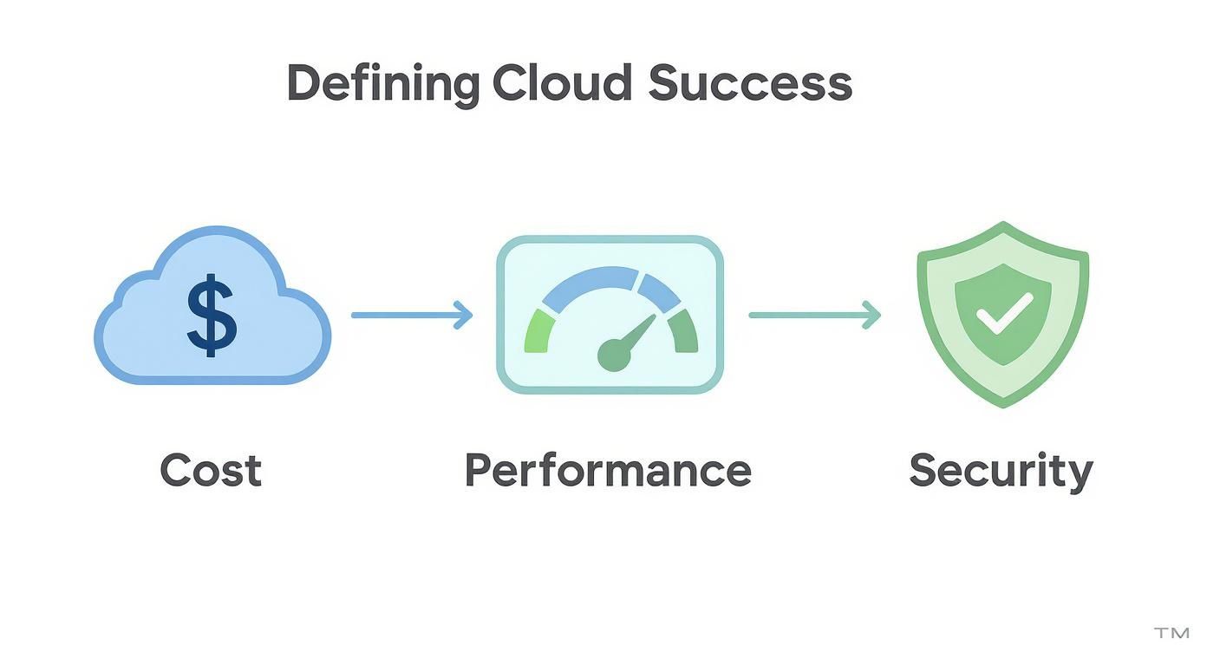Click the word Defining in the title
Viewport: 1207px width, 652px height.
point(382,85)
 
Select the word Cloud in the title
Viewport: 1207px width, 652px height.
point(562,83)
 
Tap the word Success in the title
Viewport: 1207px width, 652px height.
point(750,83)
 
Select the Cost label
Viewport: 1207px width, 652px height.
point(211,470)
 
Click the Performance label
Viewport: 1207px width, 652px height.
point(608,470)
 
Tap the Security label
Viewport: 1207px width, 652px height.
point(1001,472)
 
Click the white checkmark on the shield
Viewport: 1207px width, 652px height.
point(1003,314)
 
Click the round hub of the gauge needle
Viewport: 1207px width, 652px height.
point(613,355)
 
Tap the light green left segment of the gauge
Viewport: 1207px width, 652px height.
point(537,333)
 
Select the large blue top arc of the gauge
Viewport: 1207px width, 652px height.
point(590,285)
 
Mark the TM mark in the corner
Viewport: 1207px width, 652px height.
point(1171,633)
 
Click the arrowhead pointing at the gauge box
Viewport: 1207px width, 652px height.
point(464,315)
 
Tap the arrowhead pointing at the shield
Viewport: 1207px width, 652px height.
point(871,315)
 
